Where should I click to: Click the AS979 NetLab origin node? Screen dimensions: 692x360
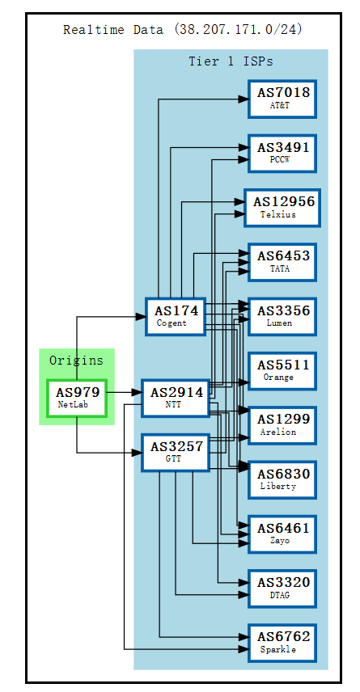click(x=77, y=398)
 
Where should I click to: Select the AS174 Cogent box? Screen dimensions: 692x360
click(x=176, y=316)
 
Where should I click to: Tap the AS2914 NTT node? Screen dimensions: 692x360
click(x=176, y=398)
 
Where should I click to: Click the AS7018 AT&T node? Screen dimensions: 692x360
click(x=282, y=98)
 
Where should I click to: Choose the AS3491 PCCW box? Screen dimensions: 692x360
click(x=282, y=153)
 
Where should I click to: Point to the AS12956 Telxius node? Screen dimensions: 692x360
click(x=282, y=207)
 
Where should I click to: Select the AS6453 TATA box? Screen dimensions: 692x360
click(x=282, y=261)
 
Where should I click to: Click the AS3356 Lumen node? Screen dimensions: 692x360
click(x=282, y=316)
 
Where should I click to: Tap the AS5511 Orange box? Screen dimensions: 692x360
click(x=282, y=370)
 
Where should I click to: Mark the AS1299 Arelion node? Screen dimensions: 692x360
click(x=282, y=425)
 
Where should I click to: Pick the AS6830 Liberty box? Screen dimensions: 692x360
click(x=282, y=479)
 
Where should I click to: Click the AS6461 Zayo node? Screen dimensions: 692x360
click(x=282, y=534)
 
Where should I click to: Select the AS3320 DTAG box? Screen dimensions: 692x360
click(x=282, y=589)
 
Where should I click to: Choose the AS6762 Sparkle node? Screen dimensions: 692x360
click(x=282, y=643)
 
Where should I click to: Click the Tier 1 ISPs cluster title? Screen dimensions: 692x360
click(x=231, y=61)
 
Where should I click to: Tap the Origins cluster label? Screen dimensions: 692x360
click(x=76, y=361)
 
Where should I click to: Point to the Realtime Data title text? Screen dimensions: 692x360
click(x=182, y=30)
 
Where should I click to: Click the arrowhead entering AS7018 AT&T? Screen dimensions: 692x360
click(x=242, y=99)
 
